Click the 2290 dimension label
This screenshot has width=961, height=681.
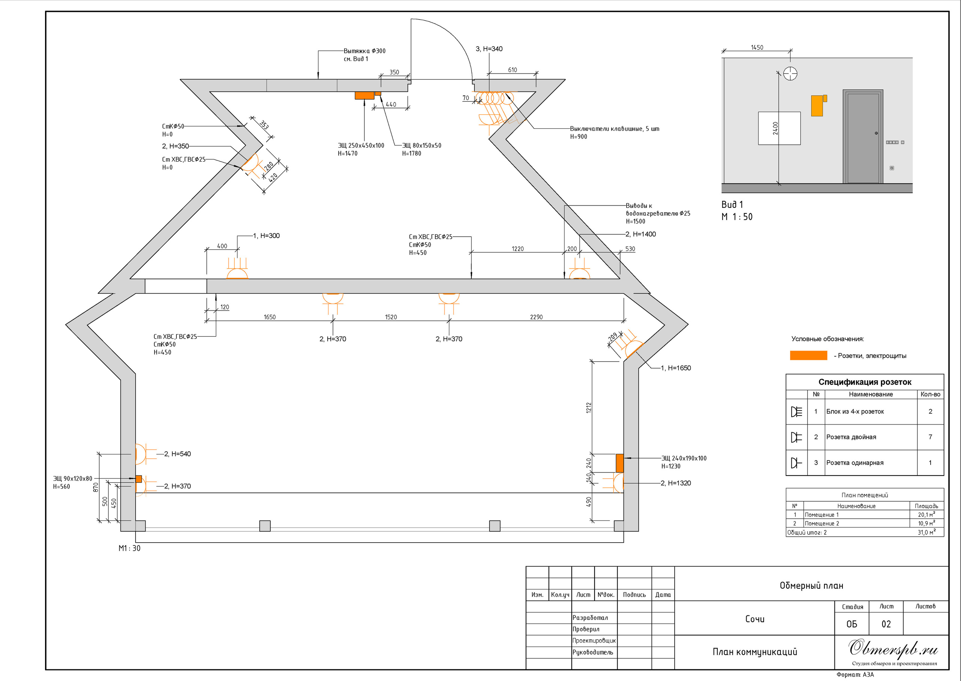[x=536, y=317]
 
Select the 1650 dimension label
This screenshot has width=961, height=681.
[x=270, y=317]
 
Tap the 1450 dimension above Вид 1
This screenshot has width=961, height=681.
[x=757, y=47]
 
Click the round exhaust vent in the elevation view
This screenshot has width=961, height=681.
[x=790, y=73]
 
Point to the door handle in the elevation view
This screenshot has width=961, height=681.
[x=876, y=133]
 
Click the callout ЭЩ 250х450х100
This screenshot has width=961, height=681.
[x=361, y=145]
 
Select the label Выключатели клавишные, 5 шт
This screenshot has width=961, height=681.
[x=615, y=129]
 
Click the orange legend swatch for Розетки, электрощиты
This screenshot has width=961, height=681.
[x=808, y=355]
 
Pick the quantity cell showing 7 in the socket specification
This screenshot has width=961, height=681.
[x=930, y=437]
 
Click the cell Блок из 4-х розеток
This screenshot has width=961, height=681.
[x=855, y=411]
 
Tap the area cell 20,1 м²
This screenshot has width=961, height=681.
[x=926, y=514]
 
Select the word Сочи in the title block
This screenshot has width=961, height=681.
[x=755, y=619]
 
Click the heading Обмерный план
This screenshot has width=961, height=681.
[x=811, y=585]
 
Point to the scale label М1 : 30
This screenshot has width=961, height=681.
[x=129, y=548]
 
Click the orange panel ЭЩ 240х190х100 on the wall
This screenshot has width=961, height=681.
[x=619, y=463]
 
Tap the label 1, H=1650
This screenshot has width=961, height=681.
[x=676, y=368]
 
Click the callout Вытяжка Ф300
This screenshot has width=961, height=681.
[x=364, y=51]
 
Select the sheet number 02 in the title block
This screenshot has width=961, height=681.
[x=886, y=624]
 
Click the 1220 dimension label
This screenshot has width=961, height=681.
[x=517, y=249]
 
